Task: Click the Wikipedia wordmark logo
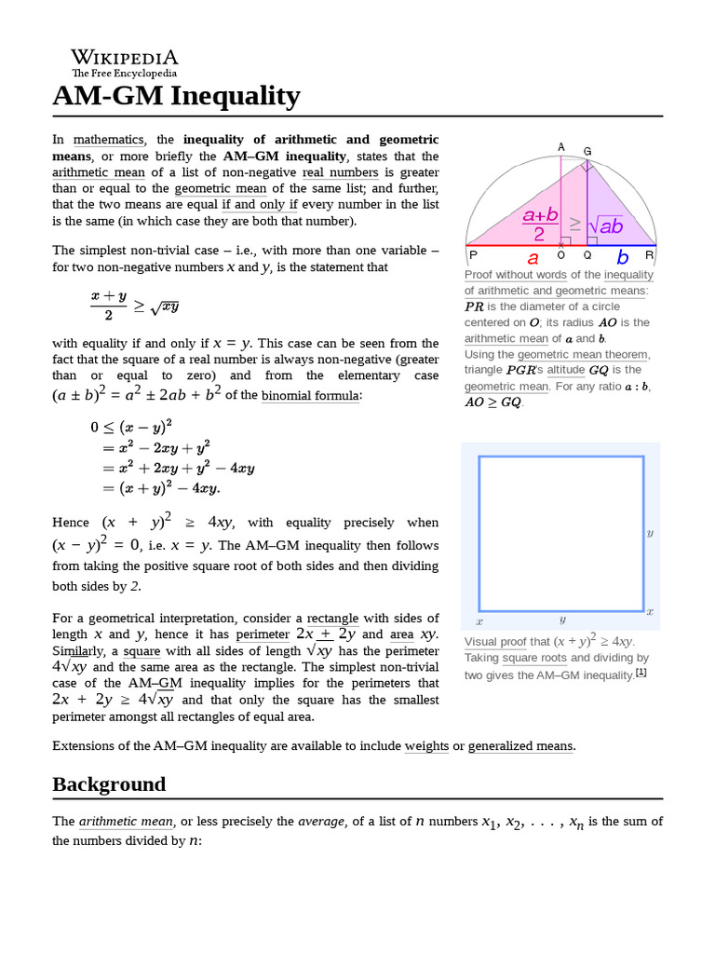(125, 61)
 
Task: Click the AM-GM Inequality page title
(176, 96)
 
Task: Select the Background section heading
(109, 784)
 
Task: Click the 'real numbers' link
(340, 172)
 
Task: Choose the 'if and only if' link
(260, 204)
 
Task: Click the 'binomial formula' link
(310, 395)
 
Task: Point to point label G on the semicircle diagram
(587, 151)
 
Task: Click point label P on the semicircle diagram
(473, 254)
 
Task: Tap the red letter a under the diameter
(533, 258)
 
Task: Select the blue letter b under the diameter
(623, 258)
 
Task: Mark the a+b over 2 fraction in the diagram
(540, 225)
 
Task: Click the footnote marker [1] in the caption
(641, 672)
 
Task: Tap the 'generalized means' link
(520, 745)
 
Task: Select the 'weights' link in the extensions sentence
(426, 745)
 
